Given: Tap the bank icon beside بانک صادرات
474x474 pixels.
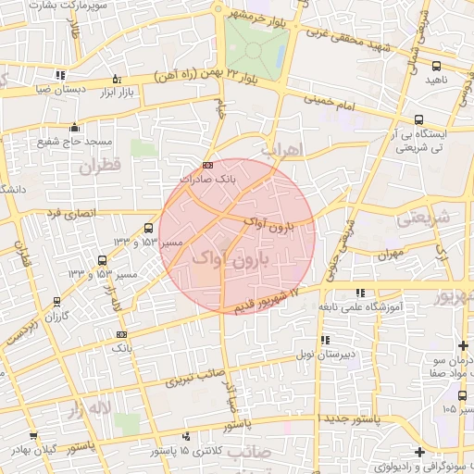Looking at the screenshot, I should coord(206,165).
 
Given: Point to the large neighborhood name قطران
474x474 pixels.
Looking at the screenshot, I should coord(101,168).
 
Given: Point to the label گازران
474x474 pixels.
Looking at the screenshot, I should coord(58,317).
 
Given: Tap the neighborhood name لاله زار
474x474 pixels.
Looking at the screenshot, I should coord(89,406).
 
